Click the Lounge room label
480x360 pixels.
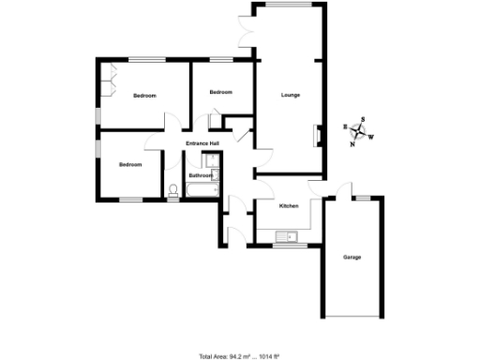[291, 95]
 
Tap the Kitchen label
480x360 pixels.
[289, 205]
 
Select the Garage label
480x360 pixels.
[352, 257]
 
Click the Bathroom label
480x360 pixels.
[200, 175]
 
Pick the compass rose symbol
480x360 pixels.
[358, 131]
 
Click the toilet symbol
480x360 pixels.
[173, 191]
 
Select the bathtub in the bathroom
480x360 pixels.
[202, 191]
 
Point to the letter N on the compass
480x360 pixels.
[352, 143]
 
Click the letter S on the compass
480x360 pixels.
[364, 119]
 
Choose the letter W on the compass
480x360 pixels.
[371, 137]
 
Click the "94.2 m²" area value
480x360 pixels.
[243, 356]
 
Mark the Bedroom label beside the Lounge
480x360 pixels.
[220, 92]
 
